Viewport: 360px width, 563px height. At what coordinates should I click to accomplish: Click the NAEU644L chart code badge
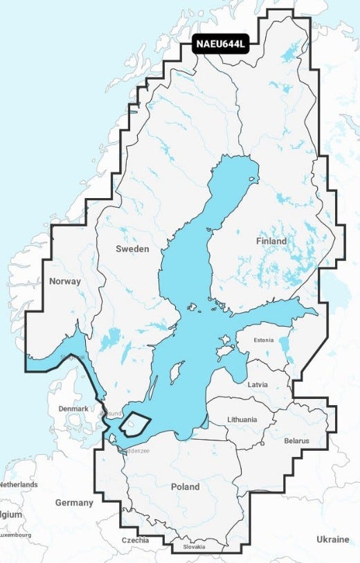(x=220, y=46)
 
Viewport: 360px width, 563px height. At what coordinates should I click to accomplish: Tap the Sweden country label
(x=132, y=249)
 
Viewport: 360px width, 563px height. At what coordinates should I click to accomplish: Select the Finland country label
(x=271, y=241)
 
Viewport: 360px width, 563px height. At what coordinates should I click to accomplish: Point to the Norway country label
(x=65, y=281)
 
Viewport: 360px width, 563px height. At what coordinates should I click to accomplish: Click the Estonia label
(x=264, y=340)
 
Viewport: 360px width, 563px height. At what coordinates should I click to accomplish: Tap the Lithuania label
(x=242, y=420)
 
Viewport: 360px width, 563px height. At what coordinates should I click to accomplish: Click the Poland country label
(x=185, y=487)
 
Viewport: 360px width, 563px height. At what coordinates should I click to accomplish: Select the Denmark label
(x=73, y=409)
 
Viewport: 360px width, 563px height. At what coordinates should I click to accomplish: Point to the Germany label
(x=74, y=502)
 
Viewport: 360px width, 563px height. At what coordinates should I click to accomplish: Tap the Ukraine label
(x=332, y=539)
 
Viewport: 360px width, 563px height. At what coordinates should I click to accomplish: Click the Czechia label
(x=135, y=540)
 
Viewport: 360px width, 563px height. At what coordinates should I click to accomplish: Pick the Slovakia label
(x=193, y=547)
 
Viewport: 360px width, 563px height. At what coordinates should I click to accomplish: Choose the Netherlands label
(x=19, y=485)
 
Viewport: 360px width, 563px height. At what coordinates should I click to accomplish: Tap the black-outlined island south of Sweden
(x=135, y=422)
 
